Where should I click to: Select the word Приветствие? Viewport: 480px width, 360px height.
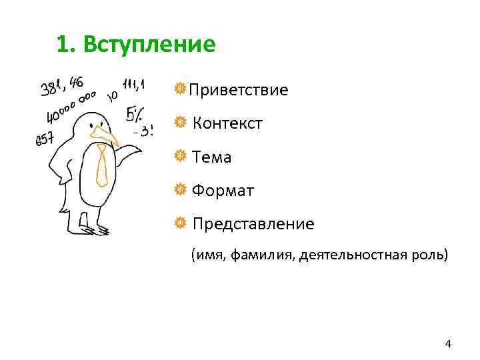(x=239, y=89)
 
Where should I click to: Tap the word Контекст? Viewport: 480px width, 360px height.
(x=227, y=123)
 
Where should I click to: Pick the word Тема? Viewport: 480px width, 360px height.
(x=211, y=157)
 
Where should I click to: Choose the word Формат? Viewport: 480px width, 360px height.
(x=223, y=191)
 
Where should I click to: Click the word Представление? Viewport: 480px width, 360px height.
(x=253, y=224)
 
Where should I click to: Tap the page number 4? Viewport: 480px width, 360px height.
(x=448, y=344)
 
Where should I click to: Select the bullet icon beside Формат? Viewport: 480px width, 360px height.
(x=179, y=191)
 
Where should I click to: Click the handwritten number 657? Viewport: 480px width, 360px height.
(x=45, y=139)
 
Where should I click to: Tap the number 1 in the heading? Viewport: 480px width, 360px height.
(x=61, y=45)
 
